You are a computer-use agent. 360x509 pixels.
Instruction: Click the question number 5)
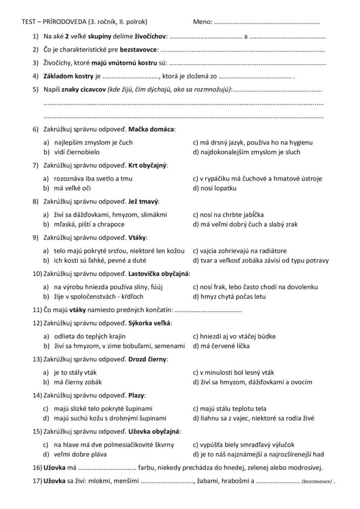[x=35, y=89]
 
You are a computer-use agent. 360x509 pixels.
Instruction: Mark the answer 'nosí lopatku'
[x=217, y=188]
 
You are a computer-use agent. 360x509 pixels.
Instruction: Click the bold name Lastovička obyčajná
[x=159, y=274]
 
